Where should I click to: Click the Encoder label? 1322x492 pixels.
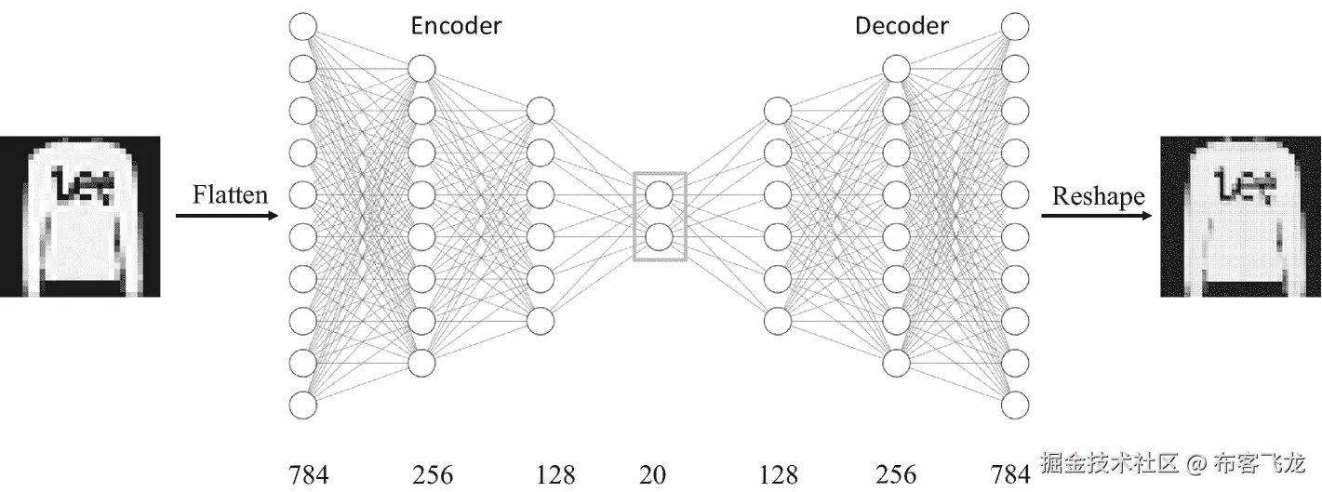[456, 25]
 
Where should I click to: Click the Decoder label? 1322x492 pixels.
[901, 25]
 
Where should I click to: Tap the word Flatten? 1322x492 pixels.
[230, 194]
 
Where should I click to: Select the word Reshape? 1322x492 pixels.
[1098, 196]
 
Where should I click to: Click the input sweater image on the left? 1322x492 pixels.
[80, 216]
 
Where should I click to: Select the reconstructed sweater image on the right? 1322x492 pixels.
[1241, 216]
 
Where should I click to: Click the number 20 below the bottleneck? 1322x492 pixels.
[653, 474]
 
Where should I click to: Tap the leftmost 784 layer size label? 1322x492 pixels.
[308, 474]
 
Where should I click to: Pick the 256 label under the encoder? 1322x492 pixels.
[433, 474]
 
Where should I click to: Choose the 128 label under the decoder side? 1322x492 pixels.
[778, 474]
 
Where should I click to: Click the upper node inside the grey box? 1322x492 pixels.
[659, 195]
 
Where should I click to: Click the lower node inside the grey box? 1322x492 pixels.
[659, 237]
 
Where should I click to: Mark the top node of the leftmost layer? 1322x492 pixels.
[303, 26]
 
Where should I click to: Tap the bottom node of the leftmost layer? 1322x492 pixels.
[303, 406]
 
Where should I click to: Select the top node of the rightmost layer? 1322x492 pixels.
[1015, 26]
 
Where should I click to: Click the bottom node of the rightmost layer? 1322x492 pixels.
[1015, 406]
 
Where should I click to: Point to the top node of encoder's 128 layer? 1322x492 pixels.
[541, 111]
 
